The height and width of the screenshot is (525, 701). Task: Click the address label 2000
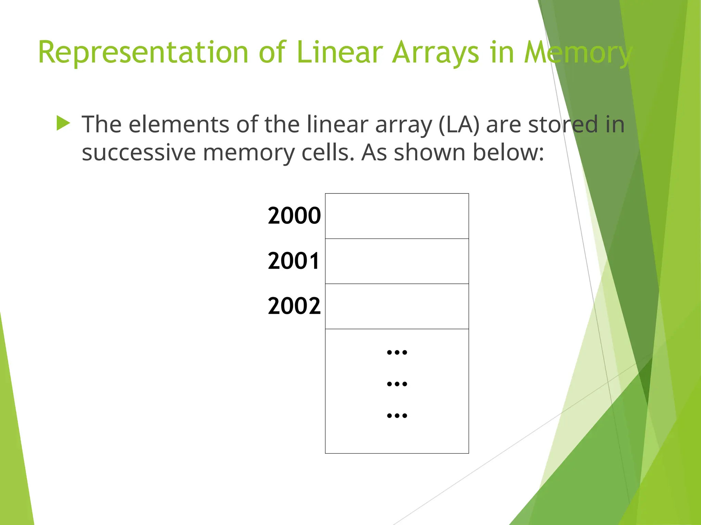pos(294,216)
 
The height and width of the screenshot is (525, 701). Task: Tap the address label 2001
pos(293,261)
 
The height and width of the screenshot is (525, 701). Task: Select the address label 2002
pos(294,306)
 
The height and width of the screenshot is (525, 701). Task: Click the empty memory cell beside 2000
pos(397,216)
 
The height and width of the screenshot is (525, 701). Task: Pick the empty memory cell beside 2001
pos(397,261)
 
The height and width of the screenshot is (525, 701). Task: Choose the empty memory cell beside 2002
pos(397,306)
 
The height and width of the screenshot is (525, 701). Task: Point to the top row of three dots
pos(397,352)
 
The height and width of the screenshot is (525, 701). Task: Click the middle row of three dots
pos(397,384)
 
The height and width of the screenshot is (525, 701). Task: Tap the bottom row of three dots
pos(397,416)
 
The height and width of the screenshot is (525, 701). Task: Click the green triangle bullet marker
pos(63,123)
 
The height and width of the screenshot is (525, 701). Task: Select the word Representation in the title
pos(143,53)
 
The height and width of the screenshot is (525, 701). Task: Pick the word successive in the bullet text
pos(139,153)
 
